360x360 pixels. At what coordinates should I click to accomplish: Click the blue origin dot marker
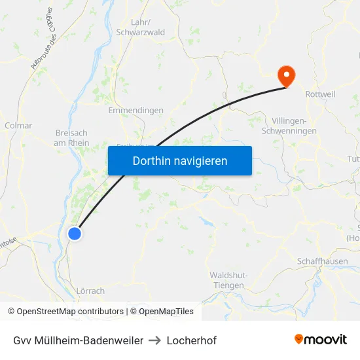75,233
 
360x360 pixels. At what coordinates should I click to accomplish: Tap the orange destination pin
286,75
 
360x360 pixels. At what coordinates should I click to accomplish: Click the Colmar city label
18,126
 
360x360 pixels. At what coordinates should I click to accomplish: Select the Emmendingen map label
135,111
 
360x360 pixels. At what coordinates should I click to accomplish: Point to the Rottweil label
320,94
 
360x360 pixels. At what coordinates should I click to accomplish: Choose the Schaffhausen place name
321,261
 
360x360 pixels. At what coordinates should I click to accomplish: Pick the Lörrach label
91,291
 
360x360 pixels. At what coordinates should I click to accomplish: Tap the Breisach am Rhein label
71,138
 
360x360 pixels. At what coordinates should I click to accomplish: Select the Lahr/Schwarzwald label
139,26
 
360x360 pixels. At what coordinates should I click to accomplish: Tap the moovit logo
321,340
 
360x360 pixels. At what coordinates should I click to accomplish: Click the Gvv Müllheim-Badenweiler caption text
78,340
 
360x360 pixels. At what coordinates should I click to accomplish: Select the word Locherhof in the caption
191,340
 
